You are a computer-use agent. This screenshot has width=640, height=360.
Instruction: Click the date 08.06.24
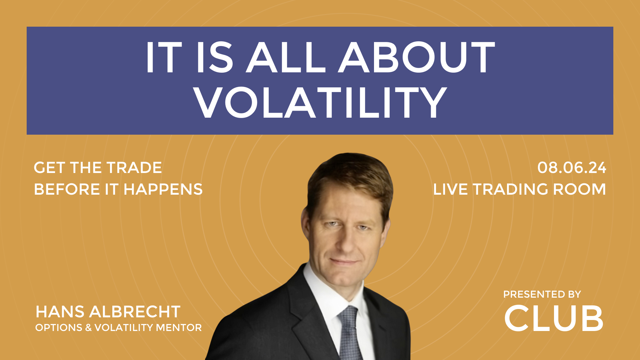tap(572, 167)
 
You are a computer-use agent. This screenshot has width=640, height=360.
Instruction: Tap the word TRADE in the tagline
tap(134, 168)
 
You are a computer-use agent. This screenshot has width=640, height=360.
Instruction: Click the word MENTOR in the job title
tap(179, 328)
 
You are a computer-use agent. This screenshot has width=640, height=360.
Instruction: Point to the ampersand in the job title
tap(88, 328)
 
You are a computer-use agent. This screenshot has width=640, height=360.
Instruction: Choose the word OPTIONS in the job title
tap(59, 328)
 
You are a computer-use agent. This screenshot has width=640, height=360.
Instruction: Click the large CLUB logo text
tap(554, 318)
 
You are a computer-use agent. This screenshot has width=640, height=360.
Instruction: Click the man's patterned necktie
tap(349, 333)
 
